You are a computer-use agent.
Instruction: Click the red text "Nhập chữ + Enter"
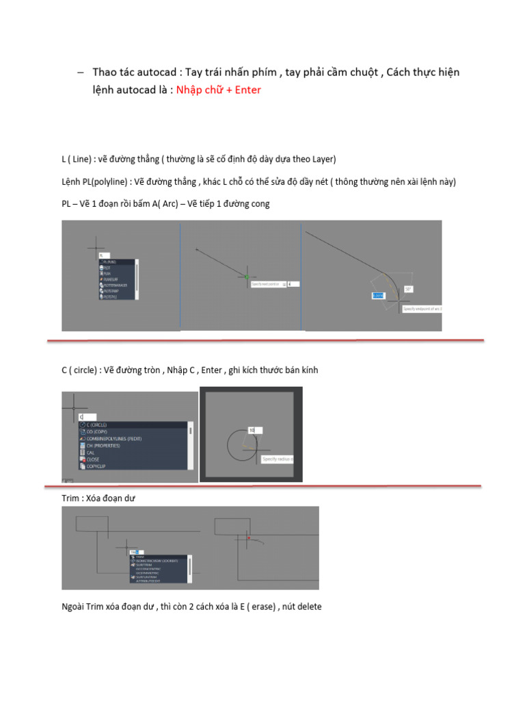218,90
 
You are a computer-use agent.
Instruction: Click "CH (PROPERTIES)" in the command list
103,446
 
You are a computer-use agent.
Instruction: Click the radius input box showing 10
255,431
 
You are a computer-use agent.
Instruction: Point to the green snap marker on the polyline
247,277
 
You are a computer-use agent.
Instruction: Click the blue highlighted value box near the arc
378,295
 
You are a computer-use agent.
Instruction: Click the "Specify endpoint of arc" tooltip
422,309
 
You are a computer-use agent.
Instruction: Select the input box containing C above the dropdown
87,416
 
